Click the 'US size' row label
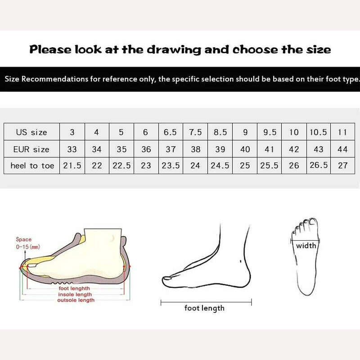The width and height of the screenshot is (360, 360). (31, 132)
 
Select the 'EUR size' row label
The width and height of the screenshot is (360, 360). (31, 149)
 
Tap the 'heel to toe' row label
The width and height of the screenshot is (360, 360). (32, 166)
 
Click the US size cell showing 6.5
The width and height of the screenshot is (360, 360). (170, 132)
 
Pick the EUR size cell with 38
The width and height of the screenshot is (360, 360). (196, 149)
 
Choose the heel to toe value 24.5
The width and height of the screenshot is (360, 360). (220, 166)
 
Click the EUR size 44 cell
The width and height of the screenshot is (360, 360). (342, 149)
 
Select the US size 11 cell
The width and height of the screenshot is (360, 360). (342, 132)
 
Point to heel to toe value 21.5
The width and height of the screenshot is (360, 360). (72, 166)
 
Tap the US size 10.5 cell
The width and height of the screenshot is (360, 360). (318, 132)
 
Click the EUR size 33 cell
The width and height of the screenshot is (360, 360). (72, 149)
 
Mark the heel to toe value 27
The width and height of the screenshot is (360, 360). (343, 166)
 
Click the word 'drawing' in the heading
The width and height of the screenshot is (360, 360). (174, 50)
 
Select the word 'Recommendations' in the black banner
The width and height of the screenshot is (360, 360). (54, 79)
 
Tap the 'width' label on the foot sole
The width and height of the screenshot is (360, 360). (306, 246)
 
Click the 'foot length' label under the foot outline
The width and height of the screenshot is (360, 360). (204, 308)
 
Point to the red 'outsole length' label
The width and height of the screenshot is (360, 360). (76, 300)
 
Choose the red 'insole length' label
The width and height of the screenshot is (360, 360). (75, 295)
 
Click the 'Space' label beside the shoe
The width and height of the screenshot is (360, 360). (24, 239)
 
